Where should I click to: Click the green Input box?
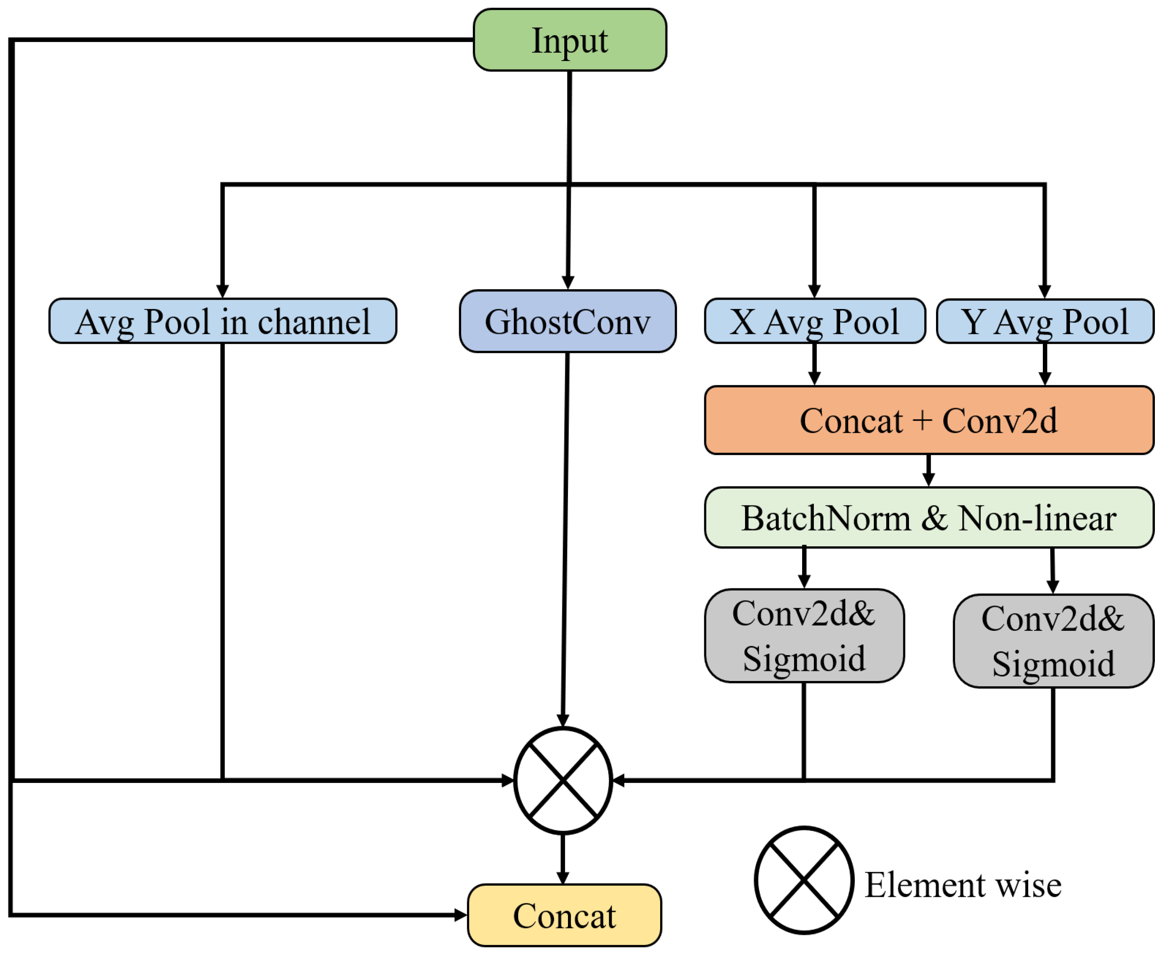[x=570, y=40]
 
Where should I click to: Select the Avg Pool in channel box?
[x=222, y=321]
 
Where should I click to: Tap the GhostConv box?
[x=567, y=321]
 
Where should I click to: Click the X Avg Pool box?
[x=815, y=321]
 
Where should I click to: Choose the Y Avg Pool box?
[x=1045, y=321]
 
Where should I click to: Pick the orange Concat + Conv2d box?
[x=929, y=421]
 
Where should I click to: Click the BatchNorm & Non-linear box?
[x=929, y=518]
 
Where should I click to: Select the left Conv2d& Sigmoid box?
[x=804, y=636]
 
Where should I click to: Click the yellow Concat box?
[x=564, y=916]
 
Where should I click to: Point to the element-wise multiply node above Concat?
[x=563, y=780]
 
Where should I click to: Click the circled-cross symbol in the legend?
[x=804, y=880]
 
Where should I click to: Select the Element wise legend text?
[x=962, y=885]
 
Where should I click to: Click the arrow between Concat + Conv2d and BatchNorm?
[x=929, y=471]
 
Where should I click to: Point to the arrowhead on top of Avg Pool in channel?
[x=222, y=291]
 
